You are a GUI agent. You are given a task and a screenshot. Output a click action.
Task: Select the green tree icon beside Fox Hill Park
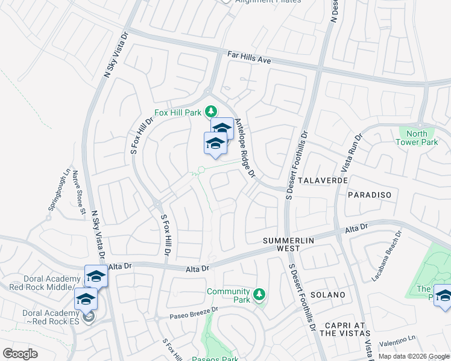click(211, 111)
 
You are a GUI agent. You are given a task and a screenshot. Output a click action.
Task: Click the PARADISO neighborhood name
click(370, 195)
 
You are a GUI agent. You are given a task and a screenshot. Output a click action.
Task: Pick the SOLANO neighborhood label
click(328, 295)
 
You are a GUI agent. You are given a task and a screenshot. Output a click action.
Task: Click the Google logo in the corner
click(20, 354)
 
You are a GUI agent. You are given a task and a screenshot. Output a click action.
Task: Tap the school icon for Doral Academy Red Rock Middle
click(96, 276)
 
